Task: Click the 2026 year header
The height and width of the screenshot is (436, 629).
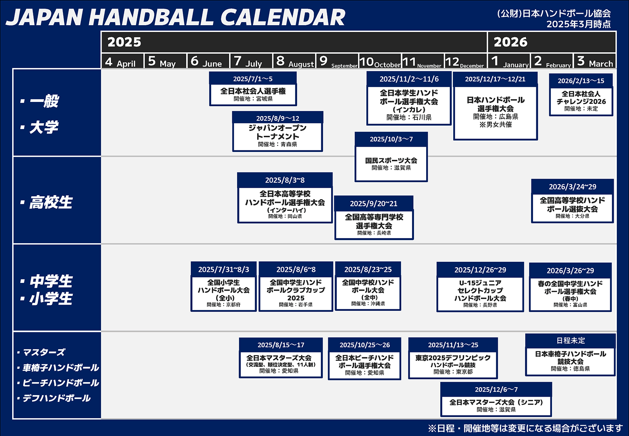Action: point(511,42)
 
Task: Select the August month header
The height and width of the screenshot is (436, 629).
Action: point(294,61)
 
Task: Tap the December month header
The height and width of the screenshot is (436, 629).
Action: point(465,62)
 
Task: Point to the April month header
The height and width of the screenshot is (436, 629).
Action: point(120,61)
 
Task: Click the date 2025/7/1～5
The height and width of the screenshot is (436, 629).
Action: point(253,79)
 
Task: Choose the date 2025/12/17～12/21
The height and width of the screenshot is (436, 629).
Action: point(495,79)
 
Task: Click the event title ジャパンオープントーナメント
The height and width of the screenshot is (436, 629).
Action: point(278,132)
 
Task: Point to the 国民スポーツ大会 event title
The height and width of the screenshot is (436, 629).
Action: point(391,161)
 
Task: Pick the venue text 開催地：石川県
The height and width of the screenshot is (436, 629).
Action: point(409,117)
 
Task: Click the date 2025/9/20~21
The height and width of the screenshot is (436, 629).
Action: point(373,203)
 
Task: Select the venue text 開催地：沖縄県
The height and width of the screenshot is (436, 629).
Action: point(368,304)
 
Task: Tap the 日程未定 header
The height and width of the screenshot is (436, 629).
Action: point(570,340)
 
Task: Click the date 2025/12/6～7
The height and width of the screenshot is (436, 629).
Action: point(496,389)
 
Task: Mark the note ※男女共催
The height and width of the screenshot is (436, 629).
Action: point(495,124)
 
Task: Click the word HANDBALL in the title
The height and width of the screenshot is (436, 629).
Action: point(151,17)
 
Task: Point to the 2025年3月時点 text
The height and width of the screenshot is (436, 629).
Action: point(578,24)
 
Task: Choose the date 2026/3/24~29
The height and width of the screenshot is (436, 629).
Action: point(572,187)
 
